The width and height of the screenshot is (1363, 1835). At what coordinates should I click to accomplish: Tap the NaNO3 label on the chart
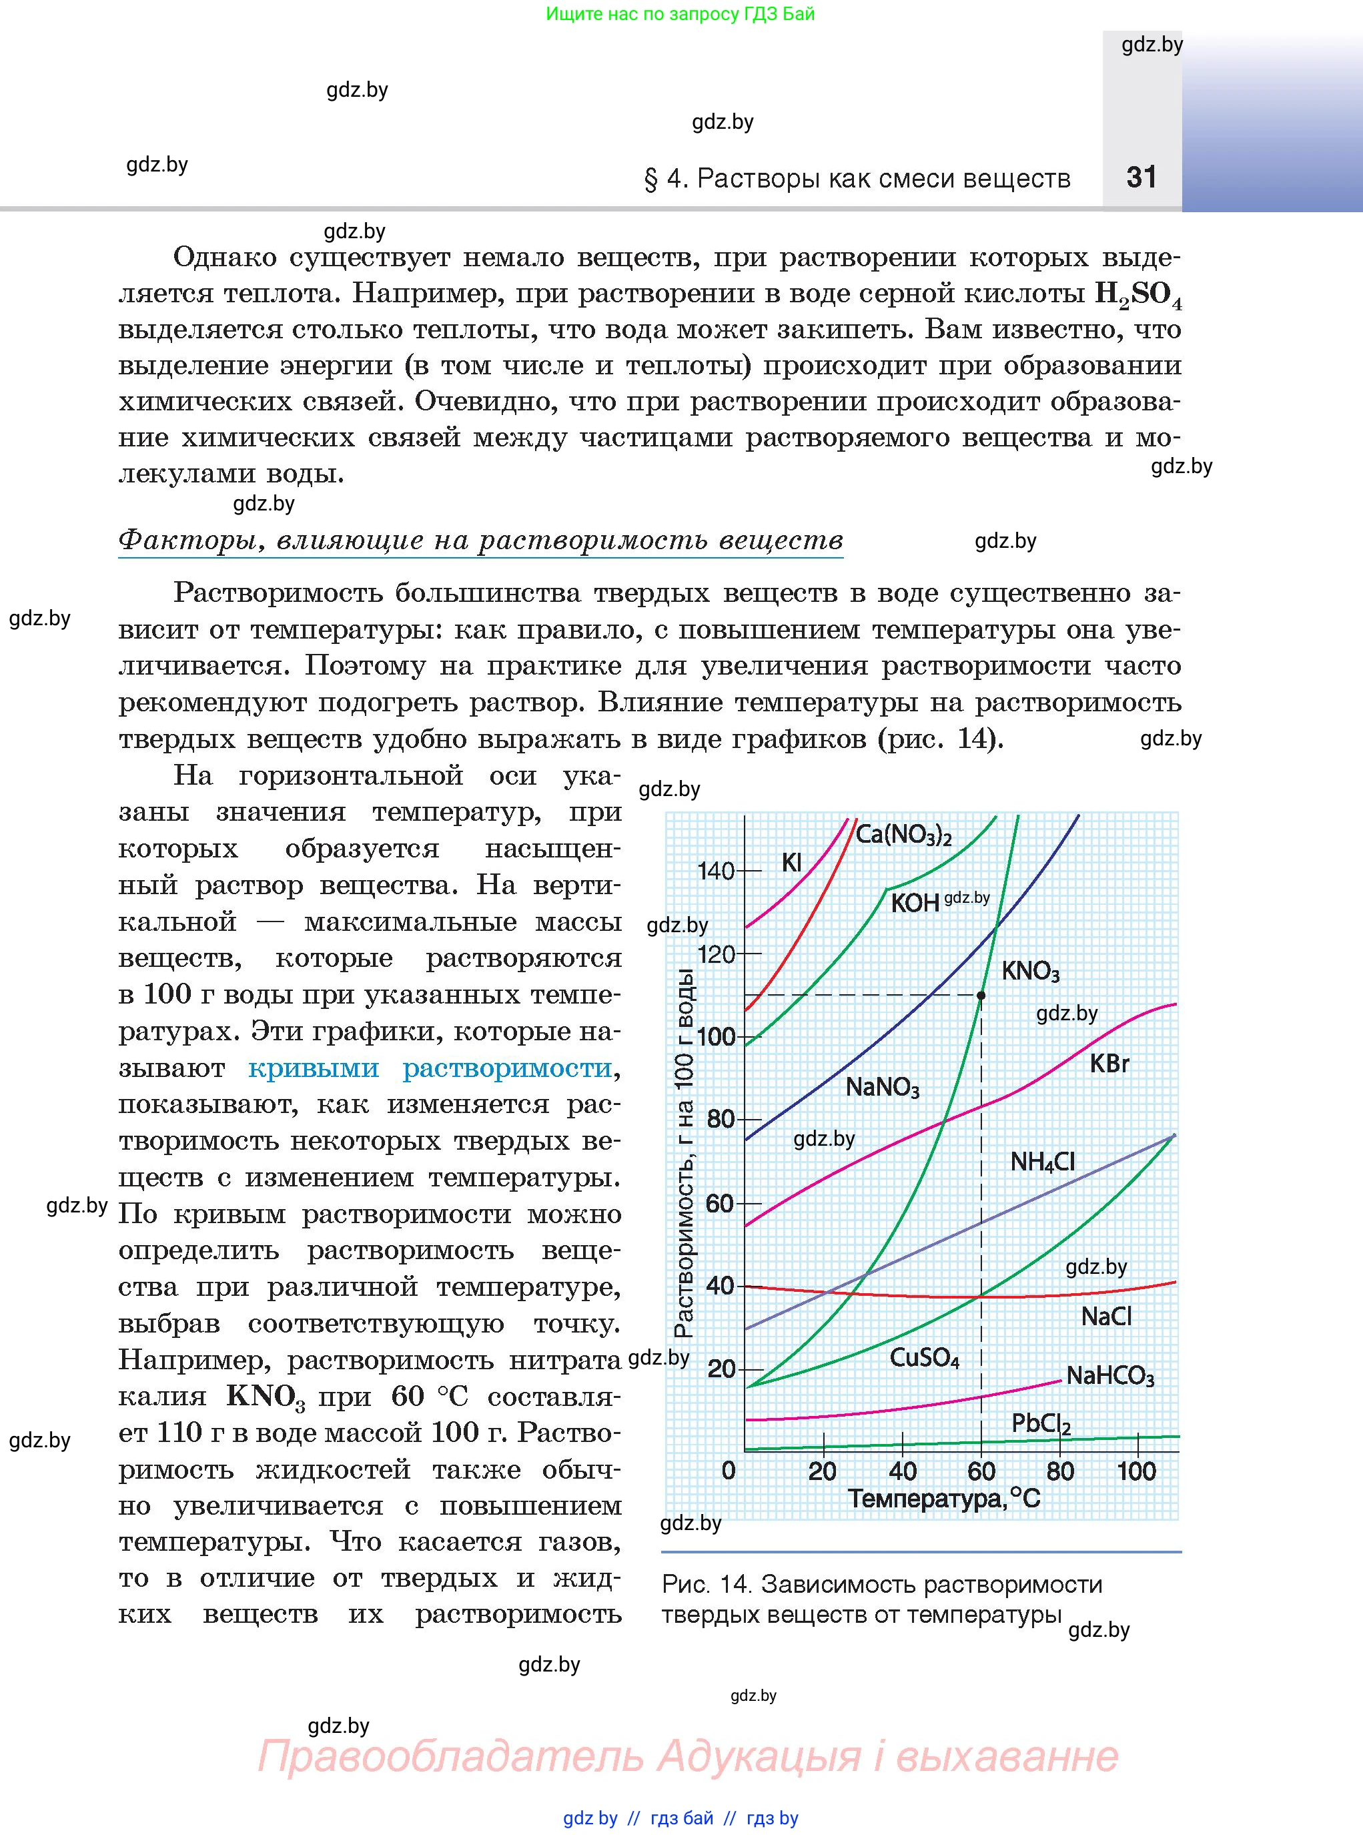click(x=882, y=1088)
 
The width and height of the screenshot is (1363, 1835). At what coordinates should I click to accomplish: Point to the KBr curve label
click(x=1109, y=1064)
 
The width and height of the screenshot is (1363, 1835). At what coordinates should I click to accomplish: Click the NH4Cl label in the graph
click(x=1042, y=1162)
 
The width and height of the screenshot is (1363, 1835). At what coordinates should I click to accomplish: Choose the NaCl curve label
click(x=1105, y=1316)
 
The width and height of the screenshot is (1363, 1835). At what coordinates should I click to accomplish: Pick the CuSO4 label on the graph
click(x=924, y=1357)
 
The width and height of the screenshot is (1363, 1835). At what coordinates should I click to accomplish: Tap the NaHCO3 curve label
click(x=1109, y=1375)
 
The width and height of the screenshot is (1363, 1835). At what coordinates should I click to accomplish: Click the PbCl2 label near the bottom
click(x=1040, y=1423)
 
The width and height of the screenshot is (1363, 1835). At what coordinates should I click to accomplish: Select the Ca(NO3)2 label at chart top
click(x=903, y=834)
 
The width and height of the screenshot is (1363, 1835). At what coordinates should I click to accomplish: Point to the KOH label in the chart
click(x=915, y=903)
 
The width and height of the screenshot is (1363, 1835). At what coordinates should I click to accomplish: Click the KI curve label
click(x=791, y=862)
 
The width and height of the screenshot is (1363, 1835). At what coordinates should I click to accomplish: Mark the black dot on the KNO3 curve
click(x=981, y=995)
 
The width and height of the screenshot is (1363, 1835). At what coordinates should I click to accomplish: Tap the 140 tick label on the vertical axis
click(x=715, y=871)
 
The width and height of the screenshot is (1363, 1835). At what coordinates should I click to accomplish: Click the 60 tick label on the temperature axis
click(x=981, y=1471)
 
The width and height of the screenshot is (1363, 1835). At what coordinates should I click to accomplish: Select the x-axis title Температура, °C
click(x=944, y=1499)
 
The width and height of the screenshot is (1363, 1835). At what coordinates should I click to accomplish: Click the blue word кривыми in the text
click(x=314, y=1068)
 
